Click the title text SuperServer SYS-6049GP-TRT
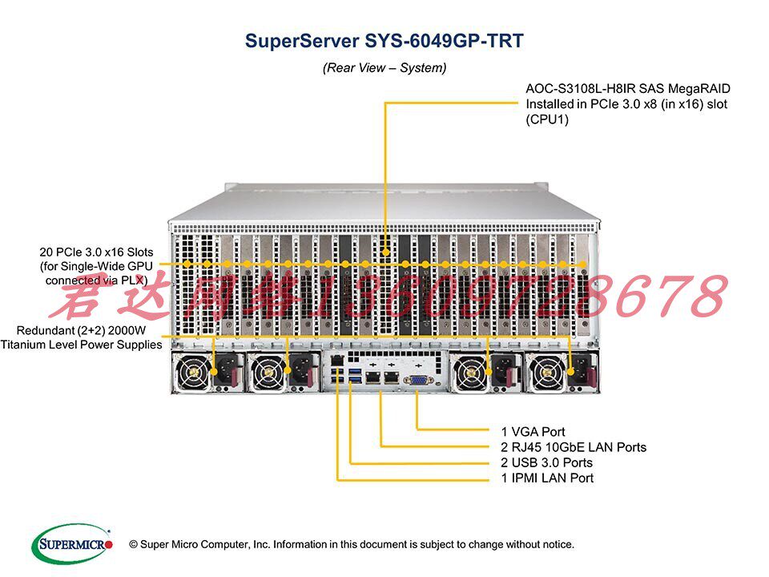tap(384, 41)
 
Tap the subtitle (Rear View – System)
tap(384, 68)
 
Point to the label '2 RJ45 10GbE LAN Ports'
tap(574, 447)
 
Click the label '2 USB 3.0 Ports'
tap(547, 462)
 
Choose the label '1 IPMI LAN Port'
tap(547, 478)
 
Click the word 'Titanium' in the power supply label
tap(25, 345)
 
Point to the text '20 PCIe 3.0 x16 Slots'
tap(96, 252)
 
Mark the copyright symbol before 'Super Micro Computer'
tap(133, 544)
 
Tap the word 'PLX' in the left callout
tap(137, 280)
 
